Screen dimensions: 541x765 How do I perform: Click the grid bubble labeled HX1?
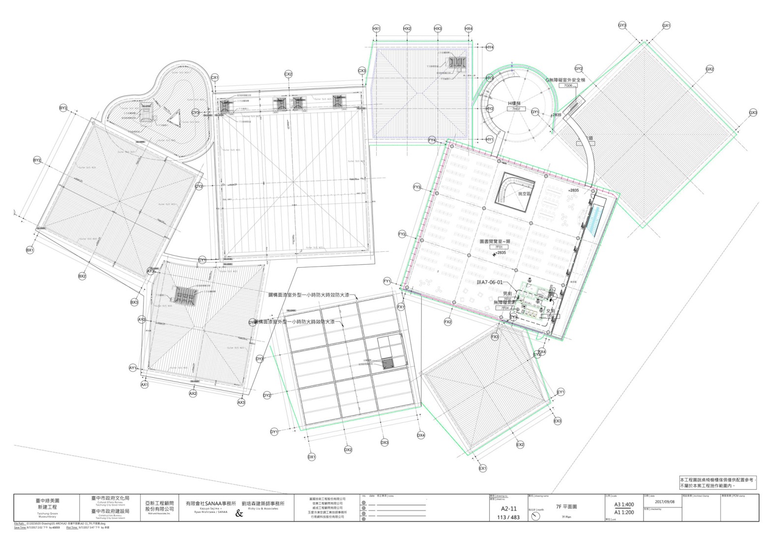[377, 29]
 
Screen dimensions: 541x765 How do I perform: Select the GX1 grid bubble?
[667, 25]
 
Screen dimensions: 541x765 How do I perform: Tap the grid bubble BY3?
[63, 108]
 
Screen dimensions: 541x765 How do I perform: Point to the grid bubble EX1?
[483, 468]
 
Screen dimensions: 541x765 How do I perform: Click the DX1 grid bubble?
[312, 457]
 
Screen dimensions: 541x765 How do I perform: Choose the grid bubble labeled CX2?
[289, 74]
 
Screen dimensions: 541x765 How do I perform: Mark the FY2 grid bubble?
[402, 235]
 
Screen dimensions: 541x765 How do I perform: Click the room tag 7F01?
[499, 247]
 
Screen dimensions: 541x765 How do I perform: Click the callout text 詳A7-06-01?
[490, 283]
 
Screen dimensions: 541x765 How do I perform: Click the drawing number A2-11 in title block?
[508, 509]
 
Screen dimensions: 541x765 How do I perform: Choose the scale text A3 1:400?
[623, 504]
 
